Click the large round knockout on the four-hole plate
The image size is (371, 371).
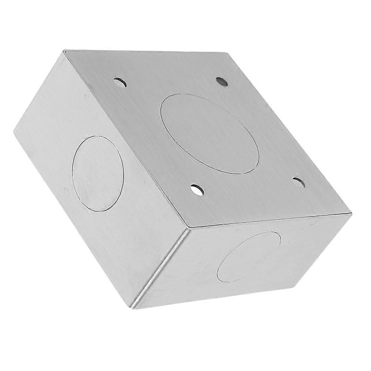point(210,133)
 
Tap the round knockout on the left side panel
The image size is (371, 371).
point(98,173)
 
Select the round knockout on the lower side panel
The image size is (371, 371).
point(249,256)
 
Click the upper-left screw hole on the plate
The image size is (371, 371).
point(120,82)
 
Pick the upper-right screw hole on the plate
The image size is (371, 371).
point(222,81)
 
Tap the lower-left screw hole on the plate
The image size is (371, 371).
point(197,190)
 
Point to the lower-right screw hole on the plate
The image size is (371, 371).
point(299,182)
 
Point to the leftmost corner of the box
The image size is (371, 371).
point(14,131)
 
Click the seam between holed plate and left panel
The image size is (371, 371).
point(126,137)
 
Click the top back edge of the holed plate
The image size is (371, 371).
point(144,51)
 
